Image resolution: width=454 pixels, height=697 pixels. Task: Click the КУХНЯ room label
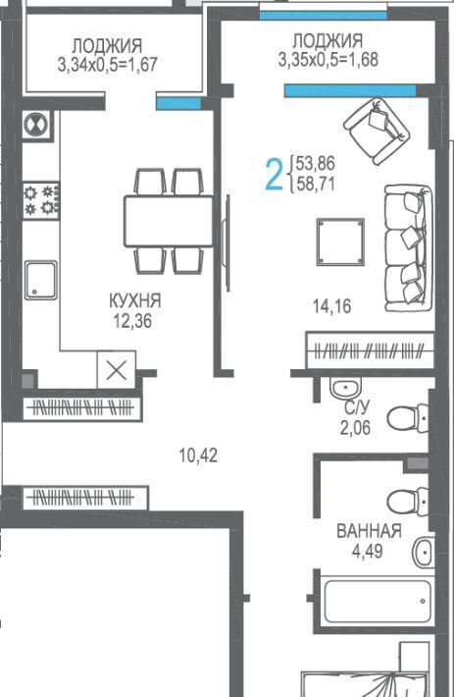coord(135,301)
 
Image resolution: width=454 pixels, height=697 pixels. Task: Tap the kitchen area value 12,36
coord(132,321)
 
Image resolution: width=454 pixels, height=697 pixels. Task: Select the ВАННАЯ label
coord(370,531)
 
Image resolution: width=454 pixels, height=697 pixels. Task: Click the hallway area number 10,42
coord(198,456)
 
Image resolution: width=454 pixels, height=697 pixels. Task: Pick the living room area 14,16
coord(332,306)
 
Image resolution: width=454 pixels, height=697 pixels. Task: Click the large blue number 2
coord(274,175)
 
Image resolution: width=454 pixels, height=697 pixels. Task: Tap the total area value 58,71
coord(316,184)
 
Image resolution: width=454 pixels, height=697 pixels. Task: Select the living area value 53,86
coord(316,164)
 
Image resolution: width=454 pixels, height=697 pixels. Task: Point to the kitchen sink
coord(41,280)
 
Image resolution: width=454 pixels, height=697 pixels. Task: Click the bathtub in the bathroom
coord(378,601)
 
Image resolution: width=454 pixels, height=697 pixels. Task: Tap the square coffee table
coord(340,242)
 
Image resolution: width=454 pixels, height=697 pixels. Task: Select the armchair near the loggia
coord(377,131)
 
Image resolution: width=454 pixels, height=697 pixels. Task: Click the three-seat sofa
coord(408,248)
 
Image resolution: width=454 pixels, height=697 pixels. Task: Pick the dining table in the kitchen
coord(169,221)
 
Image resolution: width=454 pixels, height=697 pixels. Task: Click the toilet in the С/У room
coord(408,418)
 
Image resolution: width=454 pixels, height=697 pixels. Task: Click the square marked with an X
coord(117,370)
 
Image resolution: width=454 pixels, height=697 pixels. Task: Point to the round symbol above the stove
coord(35,125)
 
